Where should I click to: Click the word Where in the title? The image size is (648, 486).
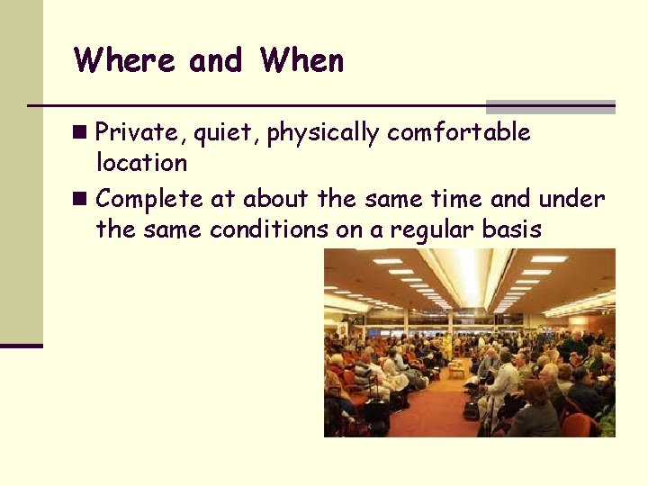point(125,60)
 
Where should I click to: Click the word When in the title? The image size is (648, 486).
point(301,60)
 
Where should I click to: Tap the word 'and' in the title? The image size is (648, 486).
point(215,60)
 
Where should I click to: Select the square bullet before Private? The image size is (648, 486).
point(83,133)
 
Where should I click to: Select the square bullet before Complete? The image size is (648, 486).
point(83,199)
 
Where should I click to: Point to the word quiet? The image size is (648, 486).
point(211,132)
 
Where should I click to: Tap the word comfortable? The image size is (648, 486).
point(458,132)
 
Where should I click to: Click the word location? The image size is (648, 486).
point(141,163)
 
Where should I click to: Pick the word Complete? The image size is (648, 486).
point(149,199)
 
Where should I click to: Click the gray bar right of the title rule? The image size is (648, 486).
point(550,106)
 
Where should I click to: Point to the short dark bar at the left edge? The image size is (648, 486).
point(22,346)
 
